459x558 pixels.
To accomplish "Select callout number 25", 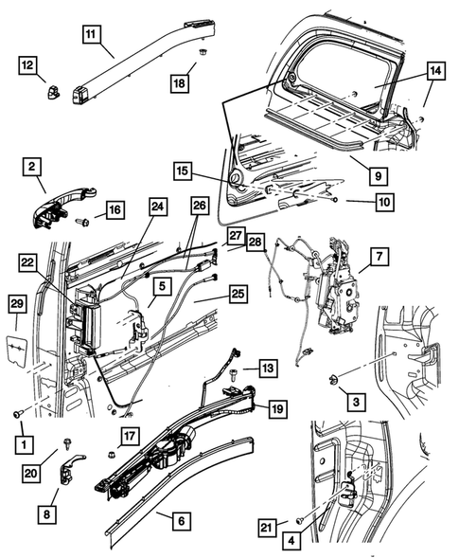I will pos(237,295).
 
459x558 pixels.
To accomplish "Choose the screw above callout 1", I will pos(18,413).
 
